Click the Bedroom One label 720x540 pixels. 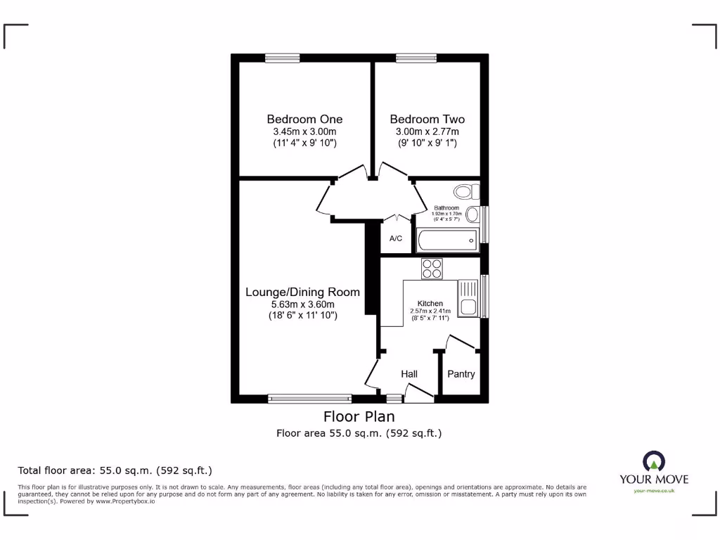pos(304,119)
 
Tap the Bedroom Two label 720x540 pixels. pos(427,119)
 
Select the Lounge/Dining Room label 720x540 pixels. pos(302,292)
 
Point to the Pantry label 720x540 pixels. pos(461,374)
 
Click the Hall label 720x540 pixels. pos(409,374)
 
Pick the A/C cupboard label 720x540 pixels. pos(396,239)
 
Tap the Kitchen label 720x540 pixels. pos(430,303)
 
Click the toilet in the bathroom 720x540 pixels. pos(465,191)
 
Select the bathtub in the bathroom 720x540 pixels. pos(446,240)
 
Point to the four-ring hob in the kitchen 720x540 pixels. pos(432,269)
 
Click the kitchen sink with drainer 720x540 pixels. pos(468,297)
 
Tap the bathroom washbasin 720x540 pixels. pos(473,214)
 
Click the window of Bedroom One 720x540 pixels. pos(283,58)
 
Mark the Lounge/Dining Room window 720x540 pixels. pos(309,399)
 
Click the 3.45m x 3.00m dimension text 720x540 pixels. pos(304,131)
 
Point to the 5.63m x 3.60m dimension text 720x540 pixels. pos(302,304)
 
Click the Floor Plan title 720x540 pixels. pos(359,416)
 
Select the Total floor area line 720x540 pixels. pos(115,470)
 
